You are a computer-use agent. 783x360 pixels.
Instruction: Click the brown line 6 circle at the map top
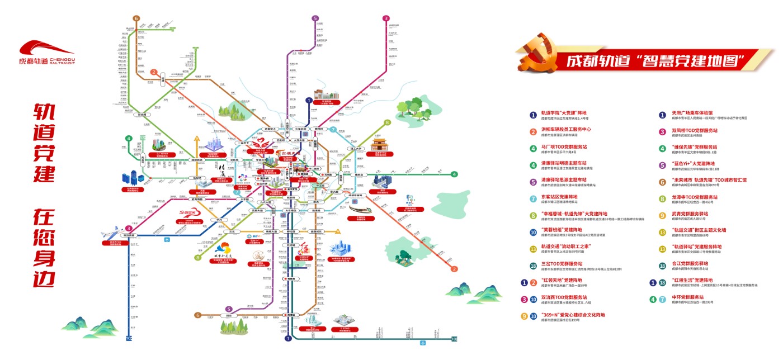pos(136,18)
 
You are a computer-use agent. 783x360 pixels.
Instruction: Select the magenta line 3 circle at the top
pos(386,18)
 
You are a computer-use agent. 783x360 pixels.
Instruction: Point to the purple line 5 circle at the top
pos(315,18)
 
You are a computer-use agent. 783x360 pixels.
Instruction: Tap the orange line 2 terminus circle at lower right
pos(455,269)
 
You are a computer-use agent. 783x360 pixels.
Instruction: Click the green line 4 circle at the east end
pos(455,174)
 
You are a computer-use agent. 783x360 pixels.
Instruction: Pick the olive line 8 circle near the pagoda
pos(386,123)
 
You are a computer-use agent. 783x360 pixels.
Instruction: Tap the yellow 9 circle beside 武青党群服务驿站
pos(662,215)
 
